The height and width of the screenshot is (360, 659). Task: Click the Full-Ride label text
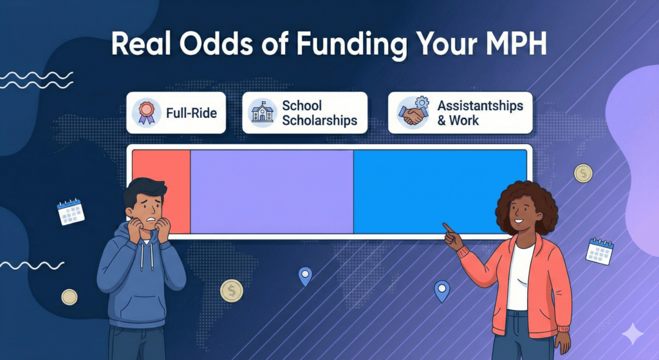[x=191, y=113]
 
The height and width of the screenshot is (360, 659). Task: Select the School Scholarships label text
[x=319, y=113]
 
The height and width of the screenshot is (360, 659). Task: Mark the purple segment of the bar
[x=272, y=191]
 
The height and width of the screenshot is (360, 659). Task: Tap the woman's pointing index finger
[x=446, y=226]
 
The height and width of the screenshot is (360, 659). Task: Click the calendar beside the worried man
[x=71, y=212]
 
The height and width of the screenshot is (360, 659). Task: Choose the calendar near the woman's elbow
[x=600, y=251]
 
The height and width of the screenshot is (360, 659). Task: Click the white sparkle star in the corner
[x=633, y=334]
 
